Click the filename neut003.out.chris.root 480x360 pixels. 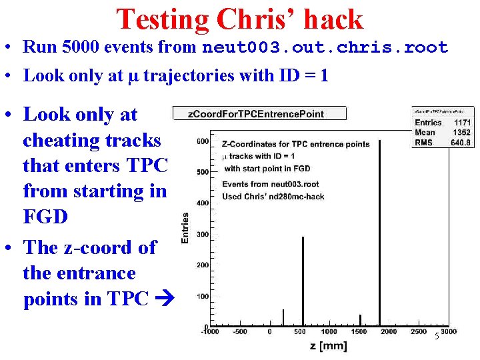tap(325, 47)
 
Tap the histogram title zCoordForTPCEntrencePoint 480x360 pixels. tap(259, 113)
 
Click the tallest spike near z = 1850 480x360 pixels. tap(379, 233)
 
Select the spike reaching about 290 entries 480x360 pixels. tap(303, 280)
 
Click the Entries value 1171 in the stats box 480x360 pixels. tap(461, 123)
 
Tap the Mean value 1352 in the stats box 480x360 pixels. tap(461, 132)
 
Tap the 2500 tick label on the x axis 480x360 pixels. tap(419, 331)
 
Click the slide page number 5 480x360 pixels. tap(436, 337)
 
